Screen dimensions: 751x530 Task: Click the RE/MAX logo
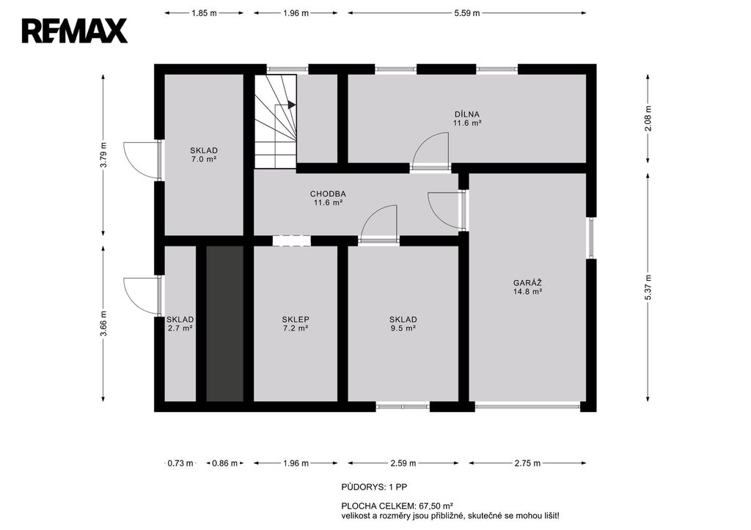coord(75,31)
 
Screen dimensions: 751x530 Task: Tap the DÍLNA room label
coord(467,114)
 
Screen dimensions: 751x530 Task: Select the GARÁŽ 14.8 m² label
coord(527,287)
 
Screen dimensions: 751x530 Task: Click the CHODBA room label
coord(328,194)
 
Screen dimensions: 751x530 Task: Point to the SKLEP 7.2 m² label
coord(295,324)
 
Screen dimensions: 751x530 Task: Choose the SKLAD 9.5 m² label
coord(403,324)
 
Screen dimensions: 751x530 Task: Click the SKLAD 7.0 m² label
coord(204,155)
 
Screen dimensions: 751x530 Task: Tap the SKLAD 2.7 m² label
coord(180,324)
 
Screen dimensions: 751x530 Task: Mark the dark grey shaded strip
coord(224,324)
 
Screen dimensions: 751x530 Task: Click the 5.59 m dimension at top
coord(467,13)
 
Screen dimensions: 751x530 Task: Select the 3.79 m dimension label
coord(103,155)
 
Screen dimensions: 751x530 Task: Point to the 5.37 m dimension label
coord(648,287)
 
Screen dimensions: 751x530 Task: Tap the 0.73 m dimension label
coord(180,463)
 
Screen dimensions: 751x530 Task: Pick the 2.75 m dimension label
coord(527,463)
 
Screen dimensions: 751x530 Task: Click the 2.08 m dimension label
coord(648,118)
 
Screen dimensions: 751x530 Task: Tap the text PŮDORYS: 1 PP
coord(374,487)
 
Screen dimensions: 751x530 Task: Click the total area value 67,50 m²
coord(436,506)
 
